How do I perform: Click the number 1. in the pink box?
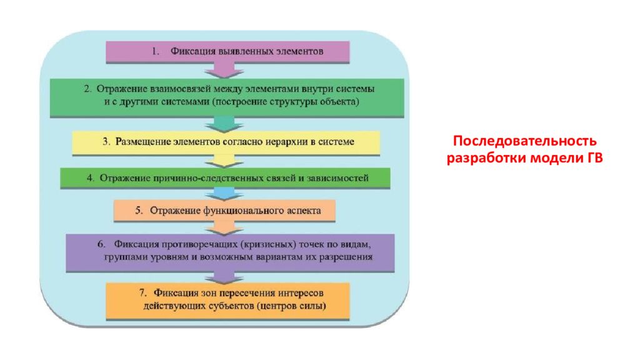click(x=156, y=52)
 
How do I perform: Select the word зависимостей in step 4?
click(x=342, y=178)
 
